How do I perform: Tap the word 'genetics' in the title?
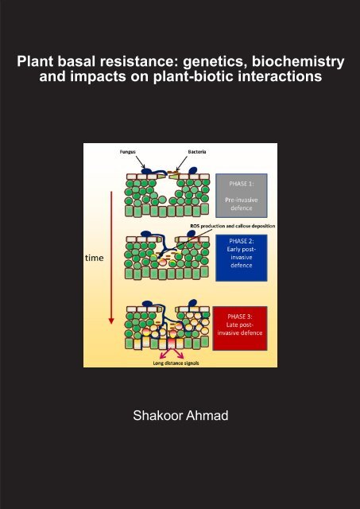coord(217,62)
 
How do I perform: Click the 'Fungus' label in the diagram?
coord(127,152)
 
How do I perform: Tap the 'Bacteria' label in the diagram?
coord(197,152)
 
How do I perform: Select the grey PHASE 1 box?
coord(242,196)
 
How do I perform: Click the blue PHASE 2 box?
coord(242,258)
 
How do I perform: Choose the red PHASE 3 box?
coord(240,328)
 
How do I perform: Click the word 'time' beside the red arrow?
coord(95,258)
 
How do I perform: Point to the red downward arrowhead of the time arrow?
coord(111,321)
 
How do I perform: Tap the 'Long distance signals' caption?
coord(176,363)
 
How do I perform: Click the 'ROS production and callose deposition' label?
coord(233,226)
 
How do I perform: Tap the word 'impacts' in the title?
coord(101,77)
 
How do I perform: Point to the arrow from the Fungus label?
coord(140,162)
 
